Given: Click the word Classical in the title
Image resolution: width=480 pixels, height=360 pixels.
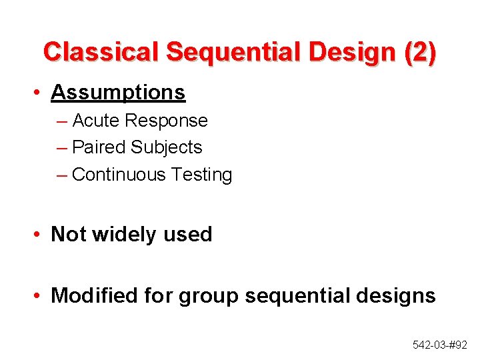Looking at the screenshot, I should point(101,52).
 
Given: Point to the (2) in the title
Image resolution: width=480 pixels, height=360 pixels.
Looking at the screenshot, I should point(420,52).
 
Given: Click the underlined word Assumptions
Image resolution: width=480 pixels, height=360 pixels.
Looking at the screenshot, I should point(118,92).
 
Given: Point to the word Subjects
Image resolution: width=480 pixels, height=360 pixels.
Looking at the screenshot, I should point(167,147).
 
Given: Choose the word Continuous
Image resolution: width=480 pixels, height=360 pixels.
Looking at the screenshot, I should point(119,175).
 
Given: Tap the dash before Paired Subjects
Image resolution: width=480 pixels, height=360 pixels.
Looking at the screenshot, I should point(62,148).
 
